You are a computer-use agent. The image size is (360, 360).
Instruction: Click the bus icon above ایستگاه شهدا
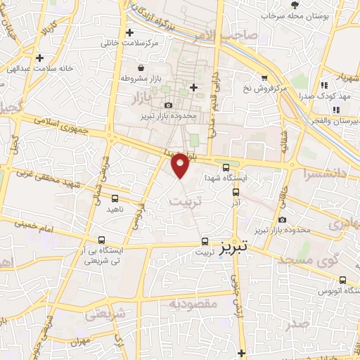pos(226,167)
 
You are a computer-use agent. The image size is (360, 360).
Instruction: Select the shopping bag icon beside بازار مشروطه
pos(142,68)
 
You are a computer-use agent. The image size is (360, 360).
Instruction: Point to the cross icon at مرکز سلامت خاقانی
pos(129,32)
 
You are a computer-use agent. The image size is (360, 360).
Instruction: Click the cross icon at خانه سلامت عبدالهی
pos(39,58)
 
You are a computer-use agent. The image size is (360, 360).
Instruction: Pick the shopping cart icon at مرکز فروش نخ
pos(264,78)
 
